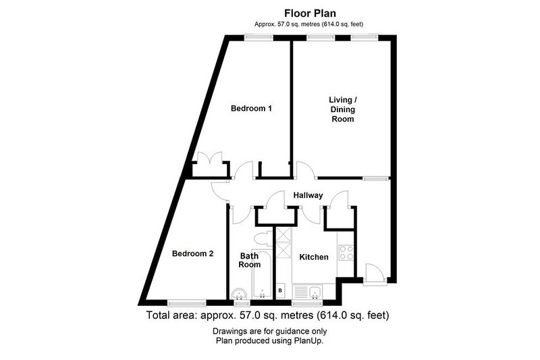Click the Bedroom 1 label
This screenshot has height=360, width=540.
pyautogui.click(x=251, y=109)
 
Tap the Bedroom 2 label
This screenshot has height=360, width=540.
pyautogui.click(x=192, y=254)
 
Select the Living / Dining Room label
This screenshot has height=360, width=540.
pyautogui.click(x=343, y=109)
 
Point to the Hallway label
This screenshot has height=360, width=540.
pyautogui.click(x=308, y=195)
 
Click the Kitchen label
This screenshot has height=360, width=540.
pyautogui.click(x=314, y=257)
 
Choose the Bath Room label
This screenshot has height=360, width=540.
pyautogui.click(x=250, y=261)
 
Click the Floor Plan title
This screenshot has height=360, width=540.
pyautogui.click(x=310, y=14)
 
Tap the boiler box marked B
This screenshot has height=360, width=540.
pyautogui.click(x=280, y=290)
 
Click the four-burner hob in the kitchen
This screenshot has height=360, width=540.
pyautogui.click(x=346, y=253)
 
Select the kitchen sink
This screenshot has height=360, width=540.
pyautogui.click(x=307, y=292)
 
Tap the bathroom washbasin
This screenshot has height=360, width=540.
pyautogui.click(x=239, y=294)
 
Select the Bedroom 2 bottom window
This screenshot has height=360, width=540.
pyautogui.click(x=187, y=303)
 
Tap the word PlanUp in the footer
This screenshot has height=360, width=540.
pyautogui.click(x=308, y=341)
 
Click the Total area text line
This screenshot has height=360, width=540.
pyautogui.click(x=267, y=315)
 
